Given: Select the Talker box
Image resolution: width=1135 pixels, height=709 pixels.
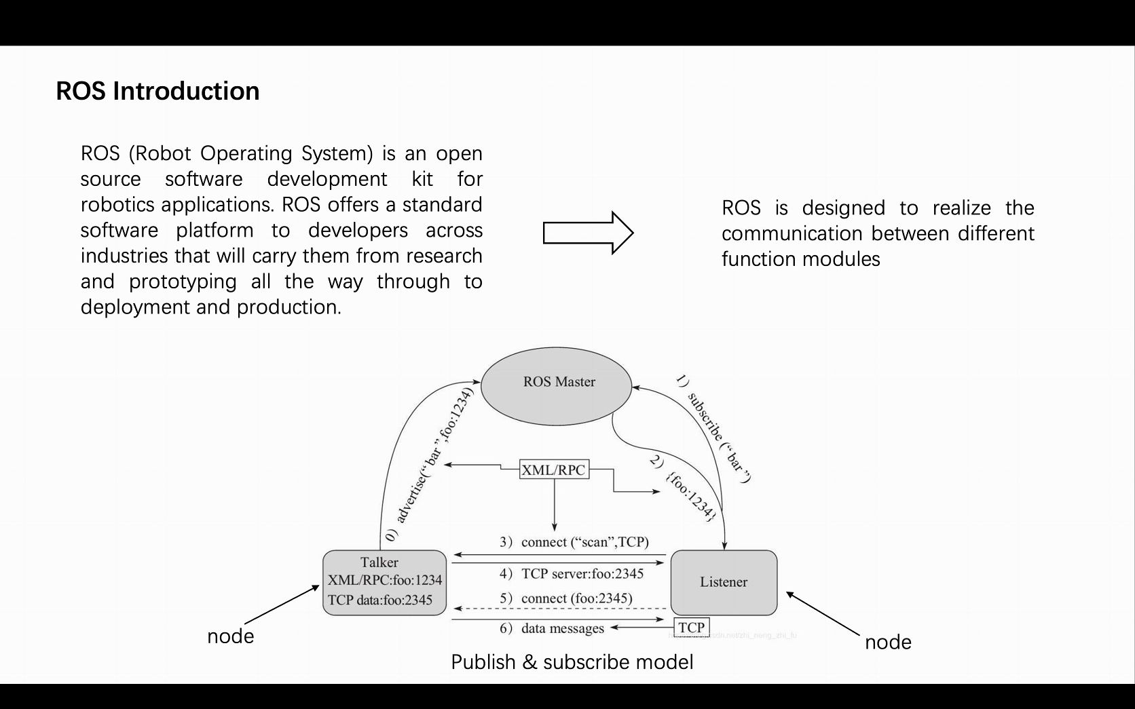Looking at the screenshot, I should [x=384, y=582].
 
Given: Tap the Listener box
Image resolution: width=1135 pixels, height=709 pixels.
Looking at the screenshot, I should [x=724, y=582].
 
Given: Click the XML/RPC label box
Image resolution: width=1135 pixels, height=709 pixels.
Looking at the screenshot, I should [x=553, y=470].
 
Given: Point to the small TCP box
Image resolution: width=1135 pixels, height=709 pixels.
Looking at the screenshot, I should [x=692, y=627].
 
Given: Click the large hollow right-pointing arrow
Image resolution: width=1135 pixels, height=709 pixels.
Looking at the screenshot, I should [x=588, y=233].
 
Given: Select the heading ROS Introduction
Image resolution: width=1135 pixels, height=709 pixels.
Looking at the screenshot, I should [x=157, y=91].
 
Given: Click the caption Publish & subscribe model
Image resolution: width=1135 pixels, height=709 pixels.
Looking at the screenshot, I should [x=572, y=662].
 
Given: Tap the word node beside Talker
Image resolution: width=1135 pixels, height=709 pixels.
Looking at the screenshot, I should [x=231, y=636].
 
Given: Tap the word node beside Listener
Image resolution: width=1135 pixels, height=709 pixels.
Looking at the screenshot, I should [x=888, y=642].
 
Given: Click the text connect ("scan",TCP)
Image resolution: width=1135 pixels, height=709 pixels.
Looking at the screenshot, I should [x=584, y=542].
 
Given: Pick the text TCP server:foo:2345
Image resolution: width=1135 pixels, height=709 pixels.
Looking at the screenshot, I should [x=582, y=574].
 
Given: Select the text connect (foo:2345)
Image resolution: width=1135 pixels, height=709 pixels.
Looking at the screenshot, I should [x=576, y=598].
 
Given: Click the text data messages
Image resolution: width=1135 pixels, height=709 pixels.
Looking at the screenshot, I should [x=562, y=628].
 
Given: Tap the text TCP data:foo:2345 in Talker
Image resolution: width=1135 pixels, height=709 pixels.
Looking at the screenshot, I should [x=380, y=600].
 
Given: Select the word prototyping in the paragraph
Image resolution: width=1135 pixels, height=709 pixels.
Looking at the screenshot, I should [x=183, y=282].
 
